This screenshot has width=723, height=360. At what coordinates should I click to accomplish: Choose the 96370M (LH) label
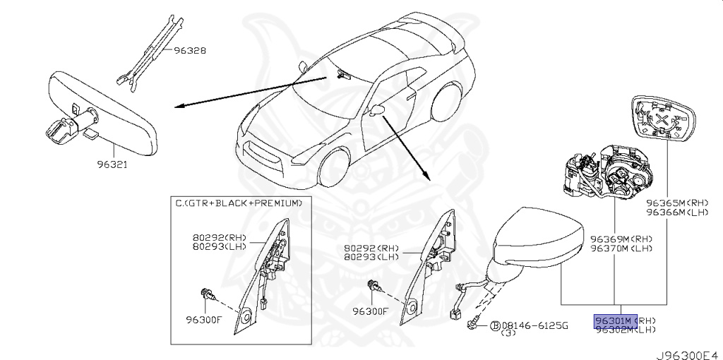621,248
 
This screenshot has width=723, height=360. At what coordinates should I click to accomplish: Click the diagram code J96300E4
688,351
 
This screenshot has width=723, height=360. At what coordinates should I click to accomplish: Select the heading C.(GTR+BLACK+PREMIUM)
238,203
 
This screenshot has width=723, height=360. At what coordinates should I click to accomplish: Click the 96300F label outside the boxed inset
370,311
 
